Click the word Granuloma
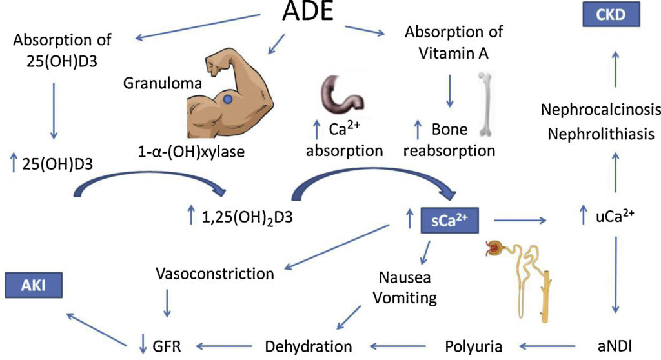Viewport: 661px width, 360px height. point(154,84)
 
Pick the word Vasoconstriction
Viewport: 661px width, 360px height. point(215,274)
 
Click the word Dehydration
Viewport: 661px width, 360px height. point(309,346)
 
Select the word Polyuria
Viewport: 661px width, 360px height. point(474,346)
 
